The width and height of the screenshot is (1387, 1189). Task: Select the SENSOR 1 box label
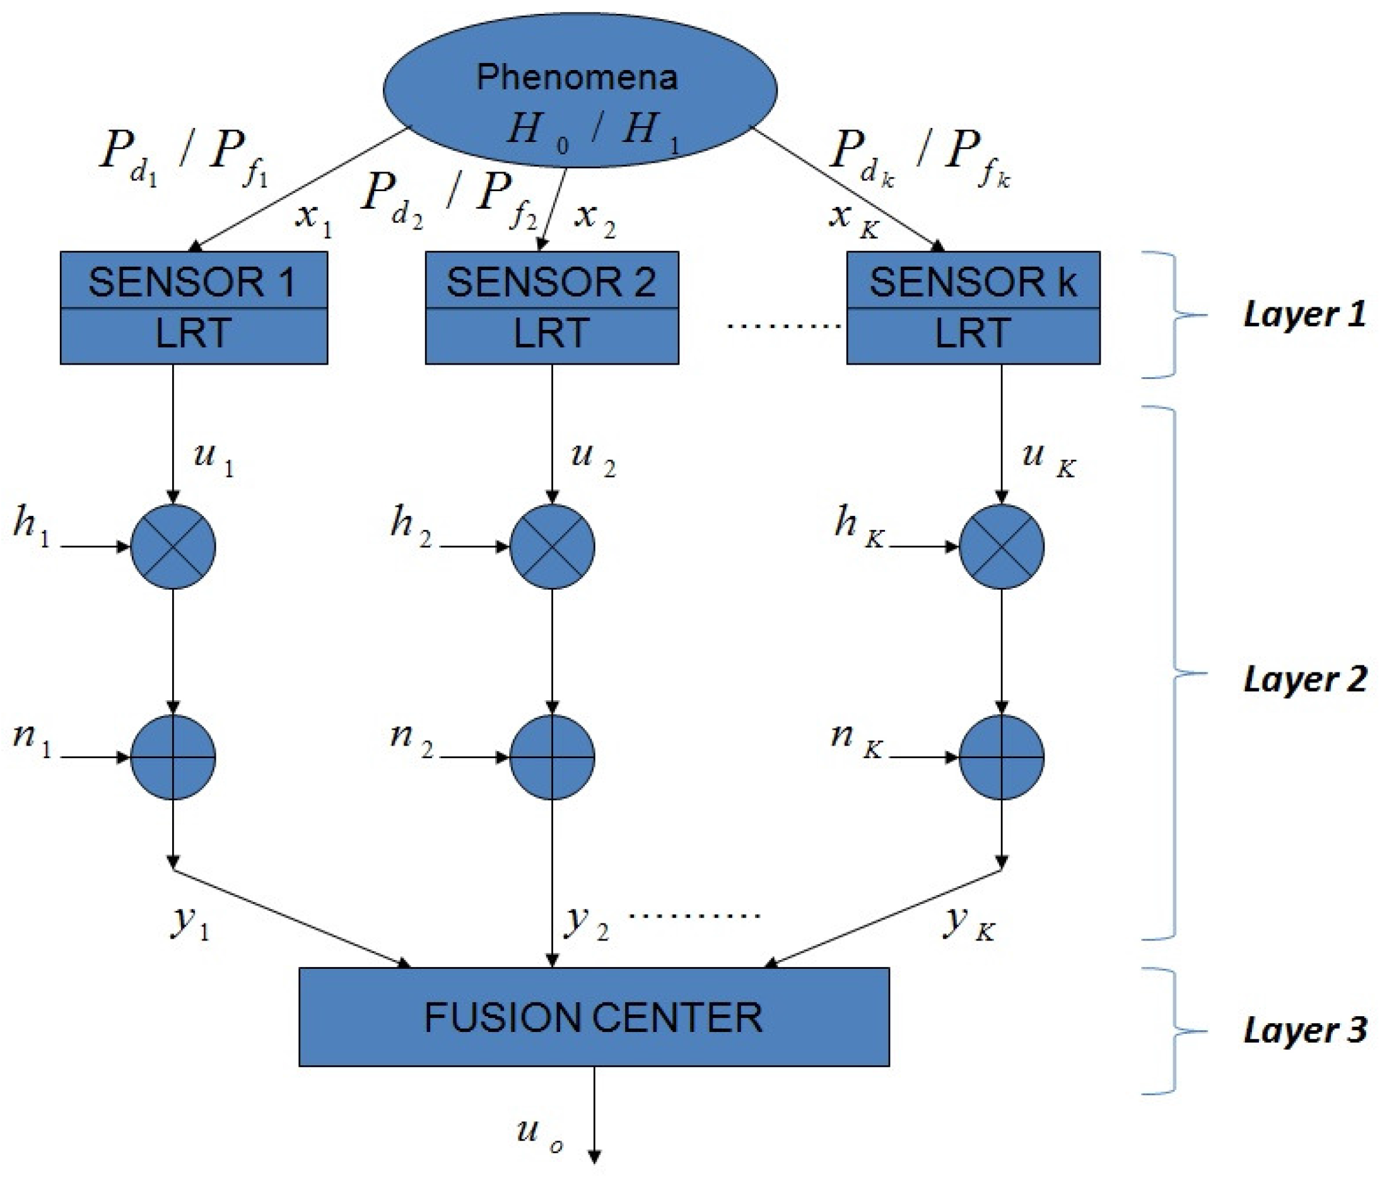[x=193, y=282]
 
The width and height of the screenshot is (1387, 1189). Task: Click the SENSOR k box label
[x=973, y=282]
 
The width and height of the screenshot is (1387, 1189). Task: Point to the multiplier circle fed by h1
[x=173, y=547]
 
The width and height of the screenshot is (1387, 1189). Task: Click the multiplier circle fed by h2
[x=552, y=547]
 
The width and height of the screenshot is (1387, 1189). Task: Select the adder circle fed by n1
[x=173, y=757]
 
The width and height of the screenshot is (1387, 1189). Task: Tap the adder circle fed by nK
[x=1002, y=757]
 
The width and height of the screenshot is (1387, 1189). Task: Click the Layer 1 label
[x=1304, y=315]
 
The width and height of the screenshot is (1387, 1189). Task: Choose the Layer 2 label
[x=1304, y=680]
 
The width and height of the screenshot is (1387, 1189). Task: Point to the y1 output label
[x=190, y=923]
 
